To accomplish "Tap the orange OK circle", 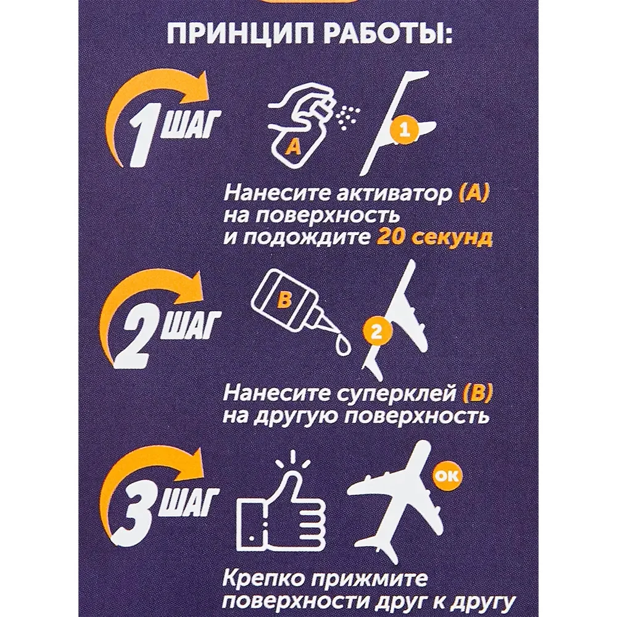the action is click(447, 476).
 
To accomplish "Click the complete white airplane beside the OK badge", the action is click(405, 500).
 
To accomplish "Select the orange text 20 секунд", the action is click(434, 238).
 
